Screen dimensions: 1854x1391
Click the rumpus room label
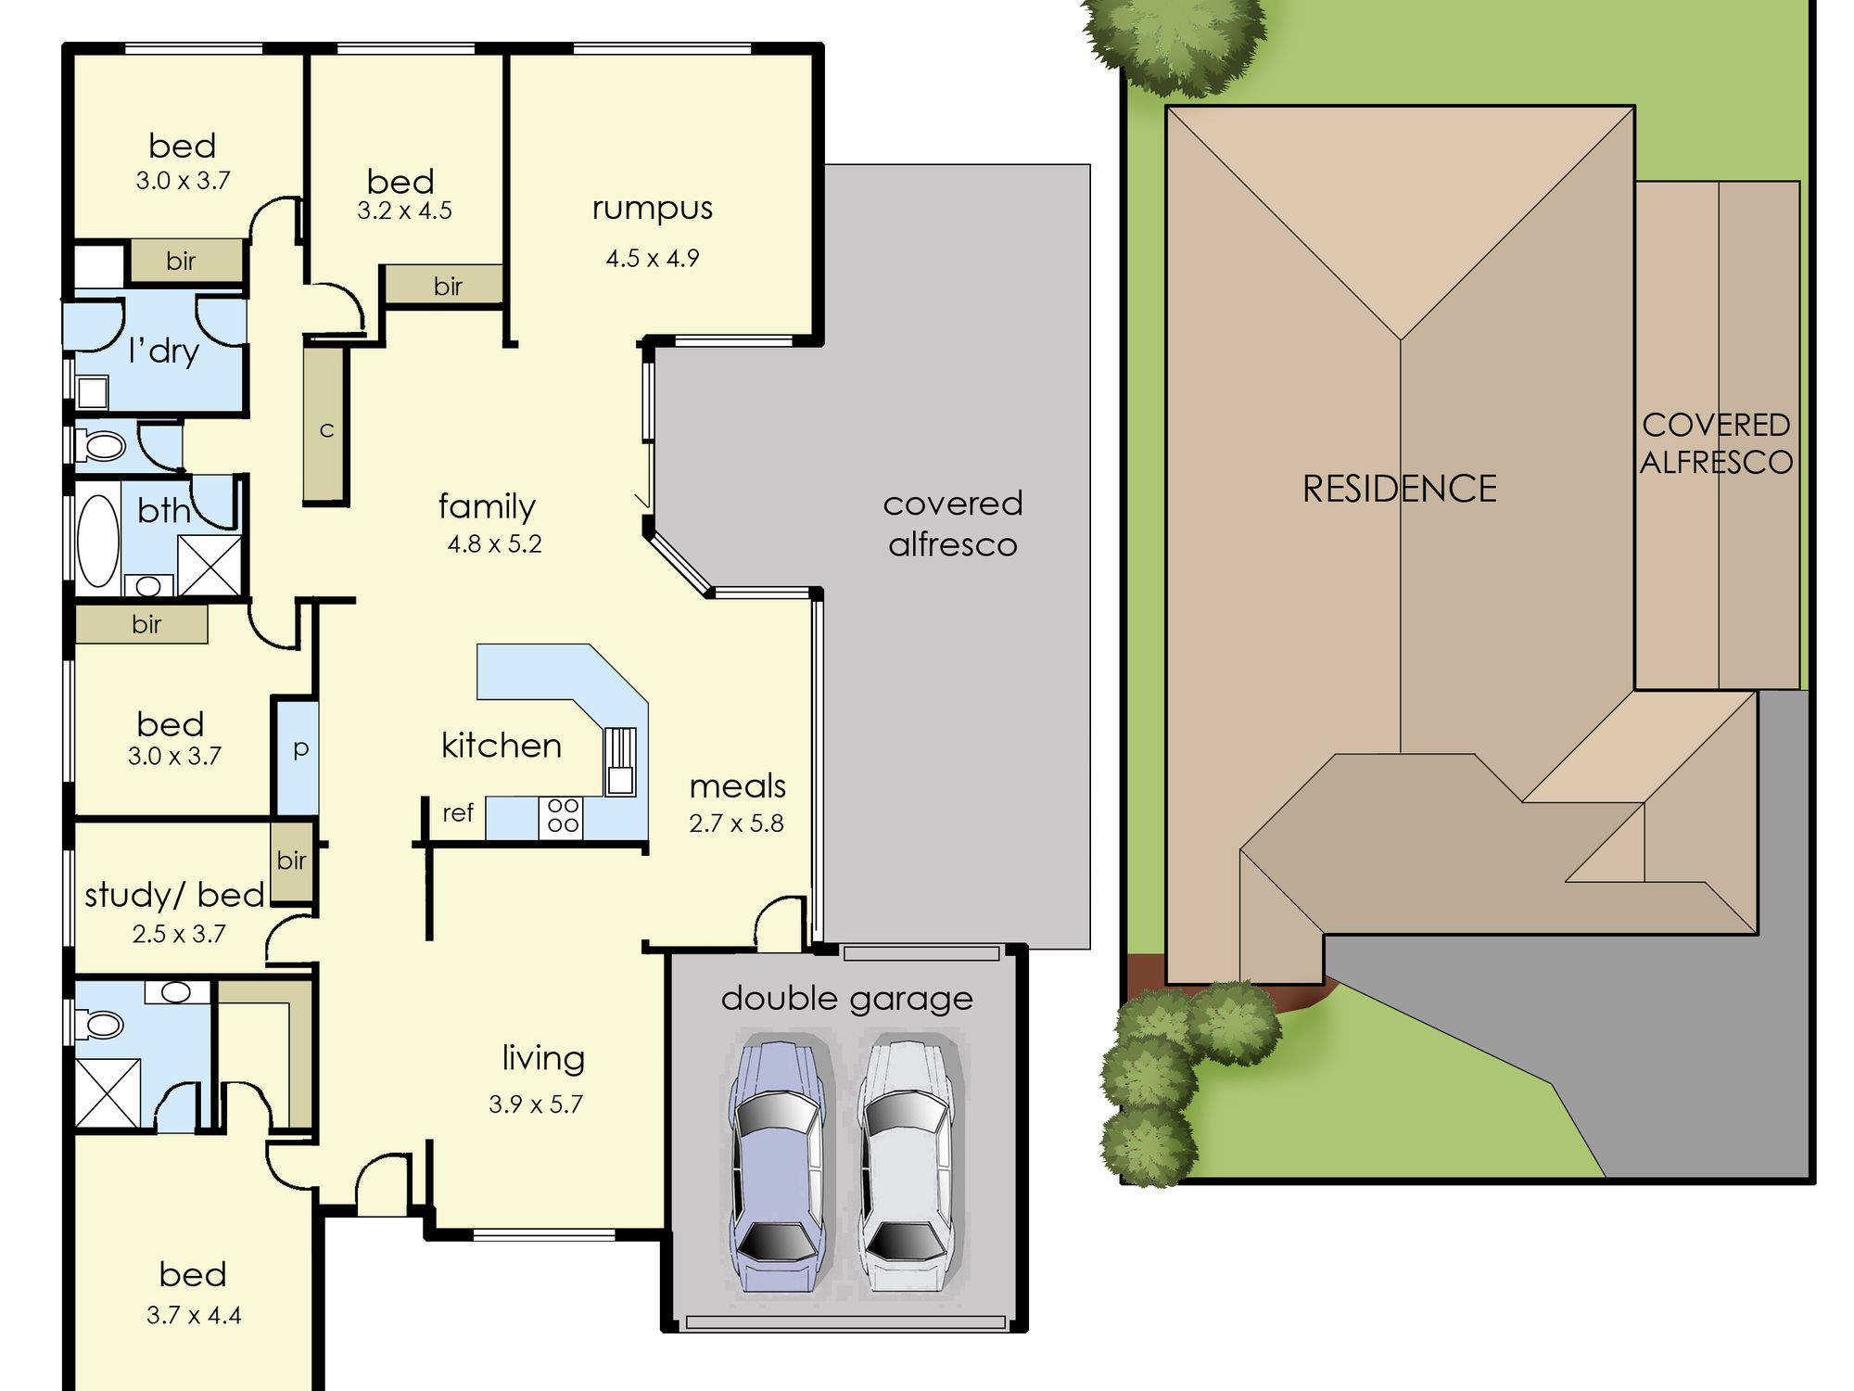pos(653,209)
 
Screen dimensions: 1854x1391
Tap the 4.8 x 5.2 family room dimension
pos(494,543)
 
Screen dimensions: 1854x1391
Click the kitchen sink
pos(620,761)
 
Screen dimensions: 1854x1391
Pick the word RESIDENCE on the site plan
pos(1399,490)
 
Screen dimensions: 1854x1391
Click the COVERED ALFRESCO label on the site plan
pos(1716,443)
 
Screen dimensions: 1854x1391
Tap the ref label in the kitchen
pos(458,812)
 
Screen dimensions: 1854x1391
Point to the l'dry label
pos(164,351)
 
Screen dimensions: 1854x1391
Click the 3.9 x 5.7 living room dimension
pos(536,1104)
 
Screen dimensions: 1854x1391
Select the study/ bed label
pos(174,896)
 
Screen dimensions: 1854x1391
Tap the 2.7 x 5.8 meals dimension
pos(736,823)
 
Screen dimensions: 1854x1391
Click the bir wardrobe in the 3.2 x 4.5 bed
pos(444,285)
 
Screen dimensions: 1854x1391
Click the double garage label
pos(847,1000)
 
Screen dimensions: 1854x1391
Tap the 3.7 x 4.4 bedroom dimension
pos(194,1315)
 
